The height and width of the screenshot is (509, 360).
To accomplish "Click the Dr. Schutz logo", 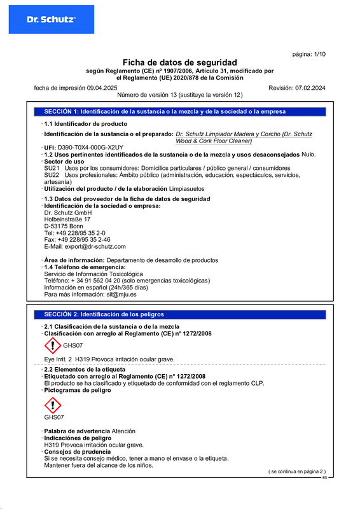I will coord(51,20).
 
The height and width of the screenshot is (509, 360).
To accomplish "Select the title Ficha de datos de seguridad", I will coord(179,62).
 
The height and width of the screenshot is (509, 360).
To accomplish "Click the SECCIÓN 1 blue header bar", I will coord(179,111).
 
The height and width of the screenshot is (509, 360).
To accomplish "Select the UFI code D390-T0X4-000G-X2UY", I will coord(90,147).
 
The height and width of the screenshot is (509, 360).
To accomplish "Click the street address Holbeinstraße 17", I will coord(67,219).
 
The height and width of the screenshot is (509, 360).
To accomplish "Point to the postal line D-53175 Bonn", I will coord(64,226).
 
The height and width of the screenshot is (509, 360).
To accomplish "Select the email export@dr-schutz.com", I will coord(85,246).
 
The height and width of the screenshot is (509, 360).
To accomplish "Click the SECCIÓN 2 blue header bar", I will coord(179,314).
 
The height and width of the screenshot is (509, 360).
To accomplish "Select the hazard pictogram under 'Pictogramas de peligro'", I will coord(53,404).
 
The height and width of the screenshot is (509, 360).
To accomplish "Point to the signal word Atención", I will coord(123,431).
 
